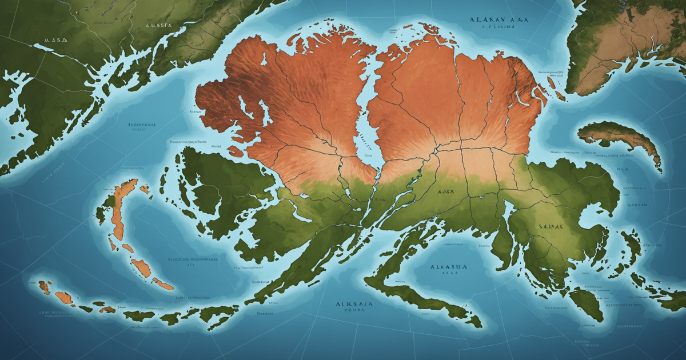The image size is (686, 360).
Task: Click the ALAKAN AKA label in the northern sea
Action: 498,19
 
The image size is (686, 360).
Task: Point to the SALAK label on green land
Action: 551,227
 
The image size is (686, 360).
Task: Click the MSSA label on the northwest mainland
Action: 55,41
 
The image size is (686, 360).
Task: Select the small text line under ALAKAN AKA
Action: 498,26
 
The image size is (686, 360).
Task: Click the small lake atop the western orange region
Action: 264,60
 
